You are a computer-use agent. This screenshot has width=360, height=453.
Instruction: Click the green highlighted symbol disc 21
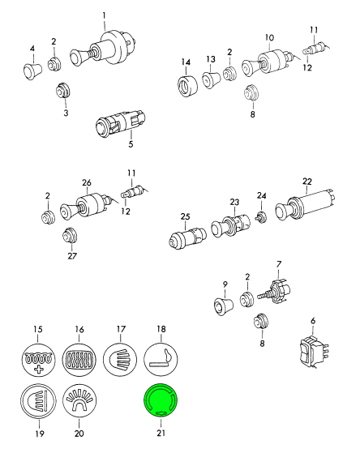(x=161, y=401)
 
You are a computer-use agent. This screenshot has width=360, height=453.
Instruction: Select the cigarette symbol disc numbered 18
(x=161, y=360)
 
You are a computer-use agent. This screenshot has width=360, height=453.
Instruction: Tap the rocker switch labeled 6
(x=312, y=351)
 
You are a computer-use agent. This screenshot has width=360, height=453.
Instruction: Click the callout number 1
(x=104, y=15)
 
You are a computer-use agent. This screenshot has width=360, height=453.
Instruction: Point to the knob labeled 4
(x=32, y=71)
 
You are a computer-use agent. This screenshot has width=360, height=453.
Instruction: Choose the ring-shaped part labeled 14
(x=187, y=85)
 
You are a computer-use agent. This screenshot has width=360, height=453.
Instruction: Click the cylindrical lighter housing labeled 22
(x=306, y=204)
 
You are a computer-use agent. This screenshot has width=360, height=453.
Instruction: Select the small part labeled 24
(x=261, y=217)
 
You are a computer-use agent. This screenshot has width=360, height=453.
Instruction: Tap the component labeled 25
(x=187, y=238)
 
